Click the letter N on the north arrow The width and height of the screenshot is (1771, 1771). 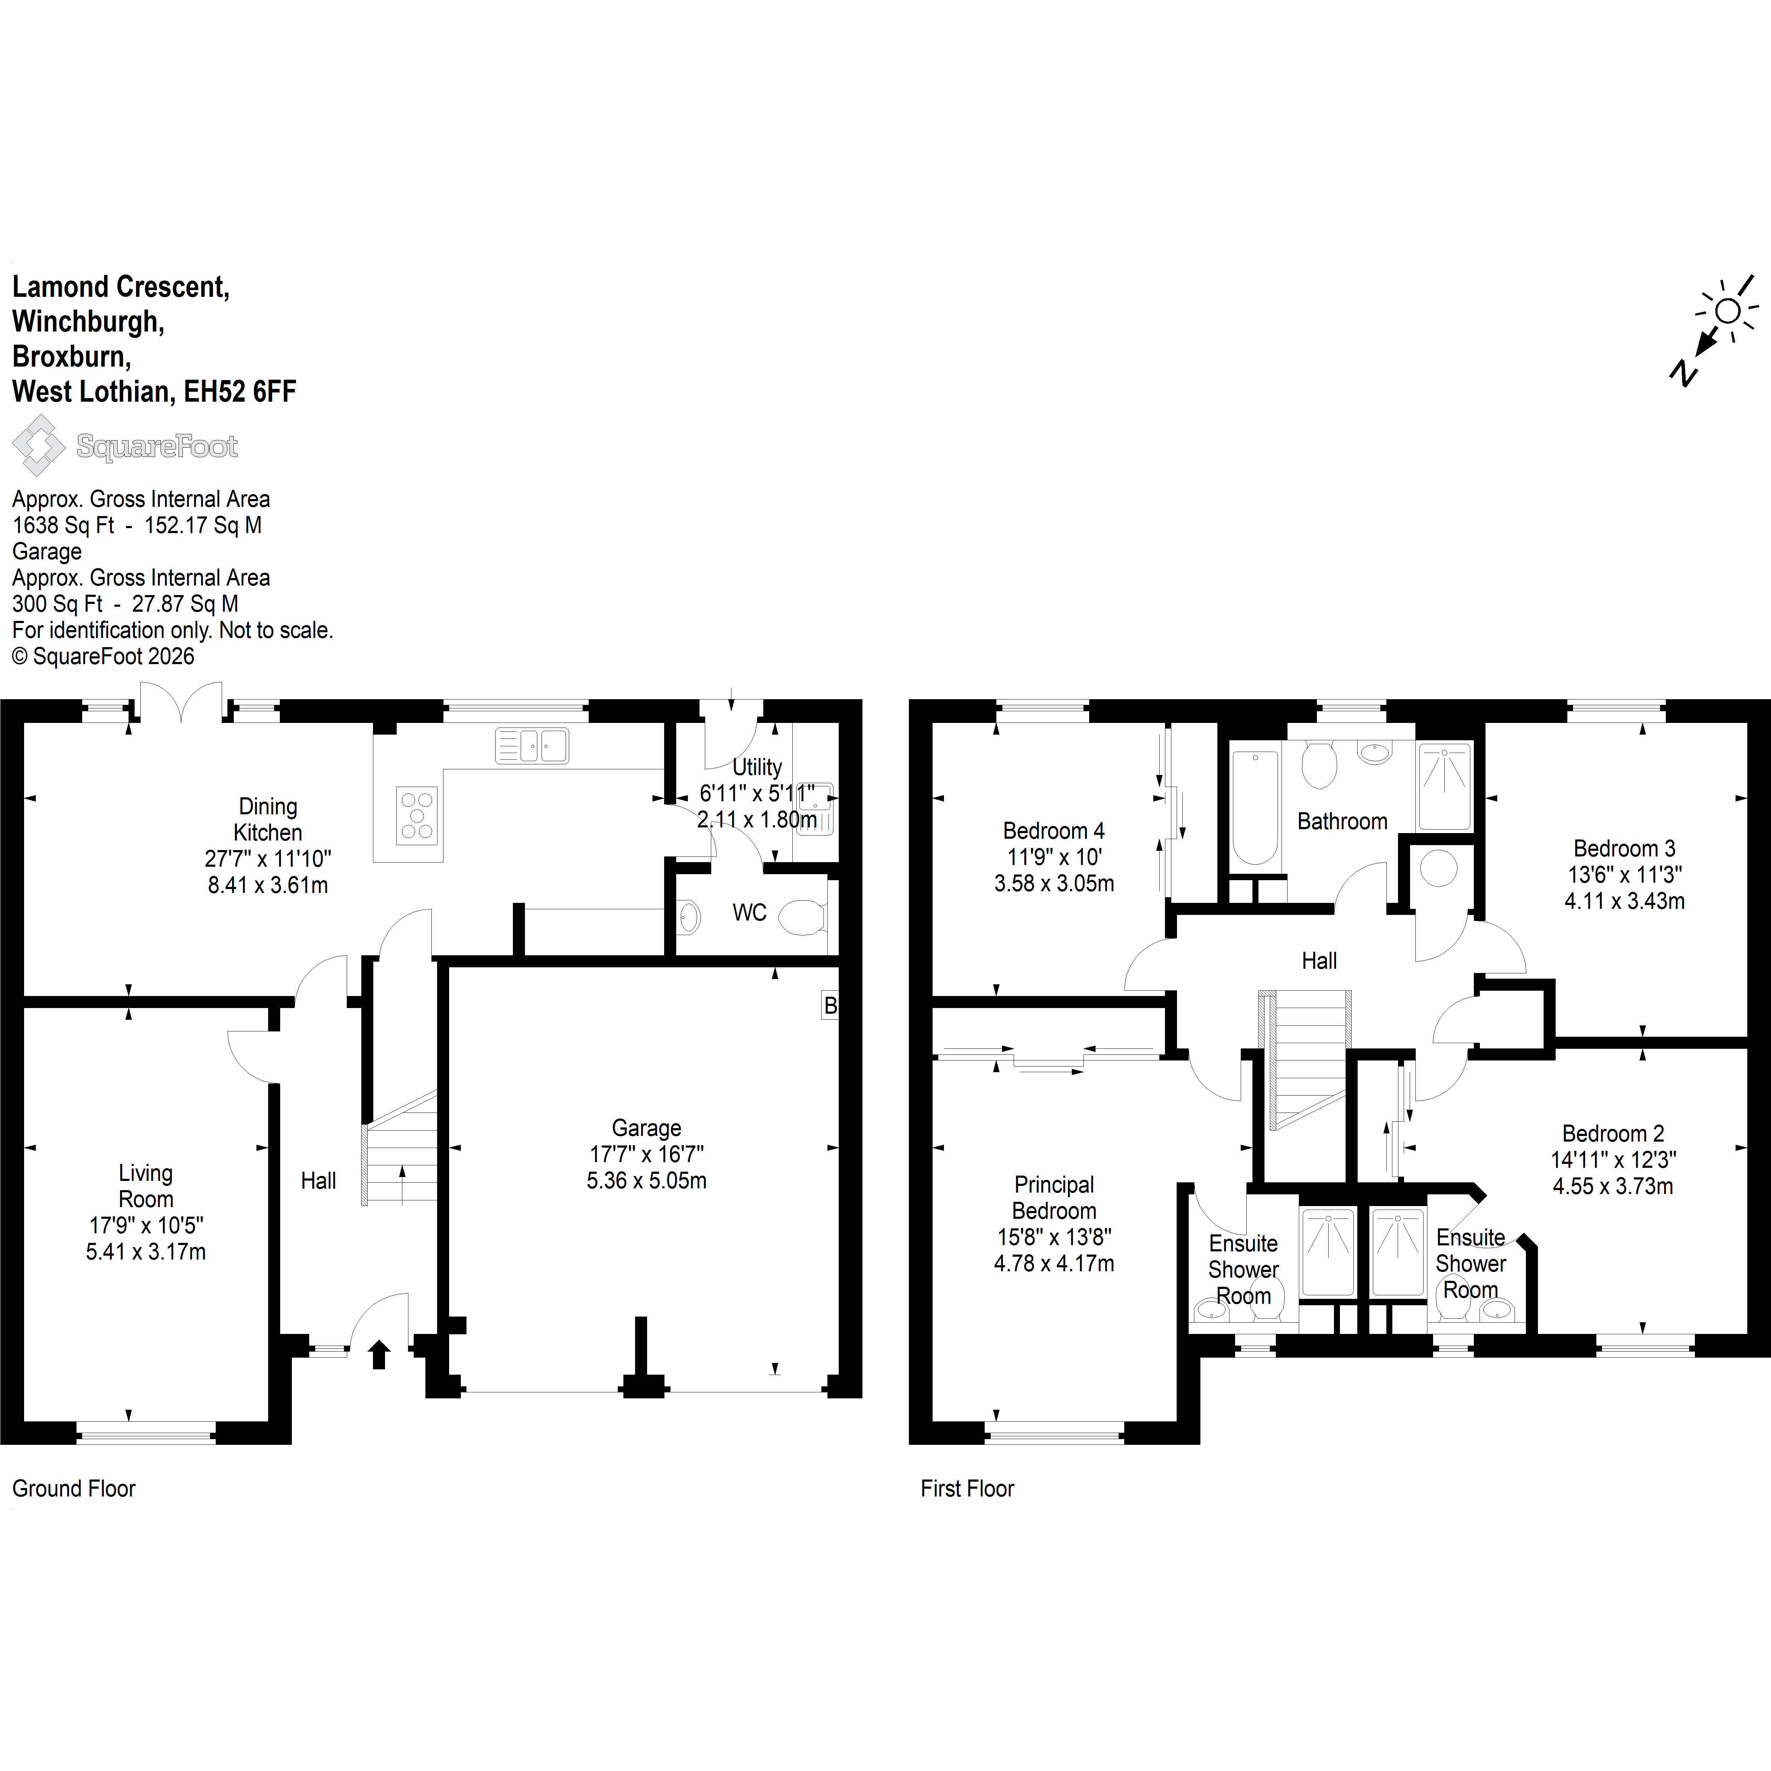click(1683, 372)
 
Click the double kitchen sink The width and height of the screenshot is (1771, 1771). click(532, 745)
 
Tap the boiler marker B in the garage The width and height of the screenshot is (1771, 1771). click(830, 1006)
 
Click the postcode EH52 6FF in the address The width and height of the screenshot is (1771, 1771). click(240, 391)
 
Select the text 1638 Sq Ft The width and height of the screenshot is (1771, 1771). click(63, 525)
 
